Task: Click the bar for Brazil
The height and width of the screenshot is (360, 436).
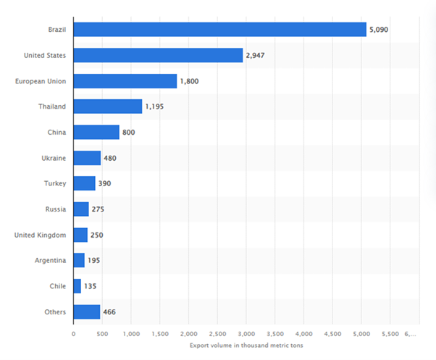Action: click(x=219, y=30)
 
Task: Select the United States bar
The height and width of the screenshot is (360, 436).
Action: click(x=158, y=55)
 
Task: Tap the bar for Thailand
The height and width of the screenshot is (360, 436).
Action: click(x=107, y=106)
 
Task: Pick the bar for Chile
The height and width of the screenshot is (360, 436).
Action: click(x=77, y=286)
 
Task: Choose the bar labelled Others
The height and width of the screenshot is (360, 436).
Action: click(x=86, y=312)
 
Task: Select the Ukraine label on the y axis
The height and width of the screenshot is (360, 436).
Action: click(x=53, y=158)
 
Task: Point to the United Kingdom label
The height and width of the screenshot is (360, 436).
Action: click(x=41, y=235)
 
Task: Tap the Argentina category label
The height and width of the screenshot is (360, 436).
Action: click(x=49, y=261)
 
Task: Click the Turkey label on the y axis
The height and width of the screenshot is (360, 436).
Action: click(x=54, y=183)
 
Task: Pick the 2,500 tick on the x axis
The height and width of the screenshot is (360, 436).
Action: click(x=217, y=334)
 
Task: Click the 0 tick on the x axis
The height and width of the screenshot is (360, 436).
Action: click(x=73, y=334)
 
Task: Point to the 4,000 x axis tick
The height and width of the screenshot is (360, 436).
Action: click(x=303, y=334)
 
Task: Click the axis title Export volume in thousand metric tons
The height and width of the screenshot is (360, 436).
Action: click(x=246, y=346)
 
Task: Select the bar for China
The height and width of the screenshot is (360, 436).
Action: click(x=96, y=133)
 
